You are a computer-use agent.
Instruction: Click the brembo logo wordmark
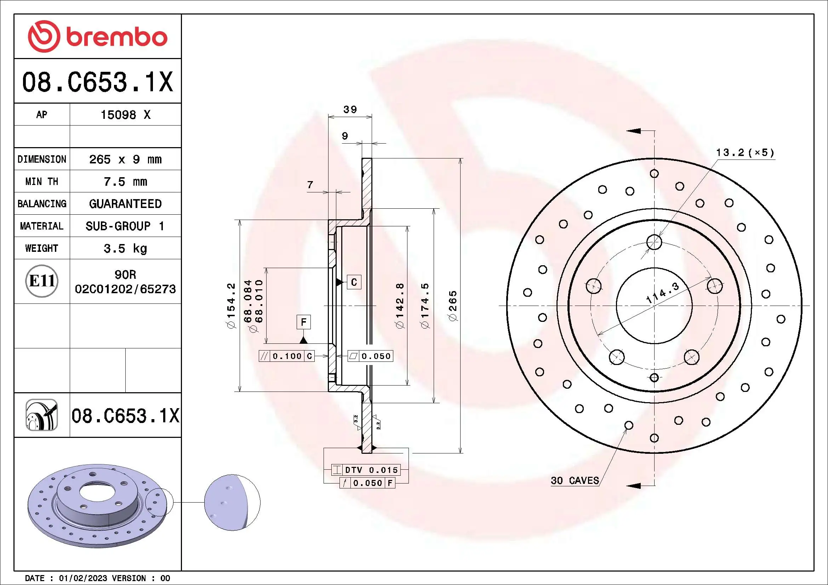pyautogui.click(x=116, y=37)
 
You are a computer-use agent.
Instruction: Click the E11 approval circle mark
pyautogui.click(x=42, y=281)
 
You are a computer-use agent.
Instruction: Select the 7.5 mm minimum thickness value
pyautogui.click(x=125, y=181)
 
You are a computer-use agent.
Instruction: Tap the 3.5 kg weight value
pyautogui.click(x=125, y=248)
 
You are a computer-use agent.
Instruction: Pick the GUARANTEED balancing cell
pyautogui.click(x=125, y=204)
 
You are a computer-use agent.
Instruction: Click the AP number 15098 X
pyautogui.click(x=125, y=115)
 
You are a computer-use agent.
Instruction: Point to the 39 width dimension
pyautogui.click(x=350, y=110)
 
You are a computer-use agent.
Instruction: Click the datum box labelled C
pyautogui.click(x=354, y=282)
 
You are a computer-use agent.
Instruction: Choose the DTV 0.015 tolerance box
pyautogui.click(x=371, y=470)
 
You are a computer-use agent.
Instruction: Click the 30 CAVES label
pyautogui.click(x=575, y=481)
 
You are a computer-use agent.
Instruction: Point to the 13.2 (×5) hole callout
pyautogui.click(x=745, y=153)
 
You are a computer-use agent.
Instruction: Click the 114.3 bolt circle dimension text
pyautogui.click(x=662, y=292)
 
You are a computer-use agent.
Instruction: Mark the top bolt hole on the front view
pyautogui.click(x=654, y=242)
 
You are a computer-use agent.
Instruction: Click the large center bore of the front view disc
pyautogui.click(x=654, y=306)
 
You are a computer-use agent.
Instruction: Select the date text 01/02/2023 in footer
pyautogui.click(x=83, y=578)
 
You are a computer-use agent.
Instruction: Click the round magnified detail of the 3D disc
pyautogui.click(x=232, y=502)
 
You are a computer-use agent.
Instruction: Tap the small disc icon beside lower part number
pyautogui.click(x=42, y=415)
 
